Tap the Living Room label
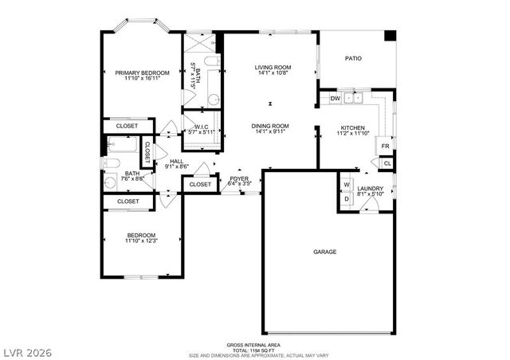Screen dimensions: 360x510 point(273,68)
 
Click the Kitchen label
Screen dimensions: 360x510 point(353,128)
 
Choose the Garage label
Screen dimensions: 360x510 point(324,252)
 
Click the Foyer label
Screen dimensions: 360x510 point(240,178)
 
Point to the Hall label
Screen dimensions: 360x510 point(176,161)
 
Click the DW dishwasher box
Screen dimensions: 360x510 point(335,99)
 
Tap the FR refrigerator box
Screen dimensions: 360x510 point(385,147)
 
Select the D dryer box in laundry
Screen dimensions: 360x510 point(347,198)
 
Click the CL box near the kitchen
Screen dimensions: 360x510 point(386,163)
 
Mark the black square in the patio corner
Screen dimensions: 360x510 point(390,36)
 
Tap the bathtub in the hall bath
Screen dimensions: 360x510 point(123,147)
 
